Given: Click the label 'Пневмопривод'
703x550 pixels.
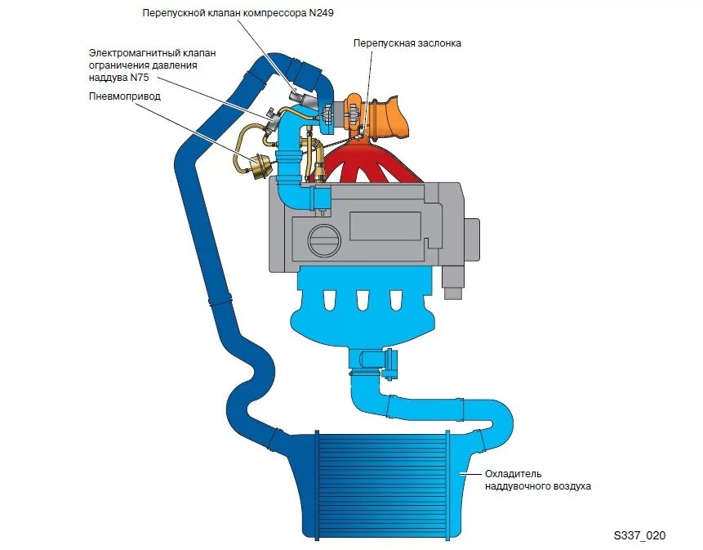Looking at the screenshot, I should (125, 96).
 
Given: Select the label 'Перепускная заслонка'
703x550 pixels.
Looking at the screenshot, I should (407, 42).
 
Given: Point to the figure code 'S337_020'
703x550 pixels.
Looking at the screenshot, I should (640, 535).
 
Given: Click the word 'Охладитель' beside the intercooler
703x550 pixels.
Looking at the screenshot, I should (514, 473).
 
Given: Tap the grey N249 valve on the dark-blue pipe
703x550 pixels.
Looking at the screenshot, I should (301, 98).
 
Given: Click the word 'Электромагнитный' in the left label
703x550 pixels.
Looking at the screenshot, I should (136, 52).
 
